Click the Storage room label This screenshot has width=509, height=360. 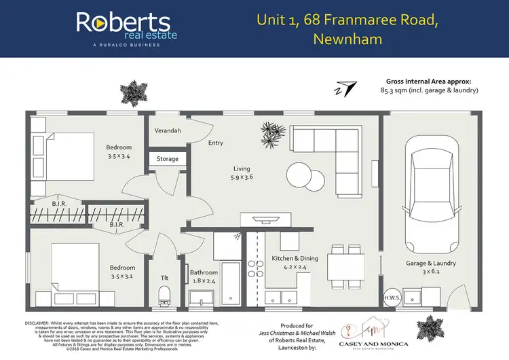click(x=167, y=159)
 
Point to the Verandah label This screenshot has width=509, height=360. click(x=168, y=130)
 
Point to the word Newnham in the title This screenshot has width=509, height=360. click(x=347, y=39)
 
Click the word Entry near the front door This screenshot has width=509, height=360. click(x=216, y=143)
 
